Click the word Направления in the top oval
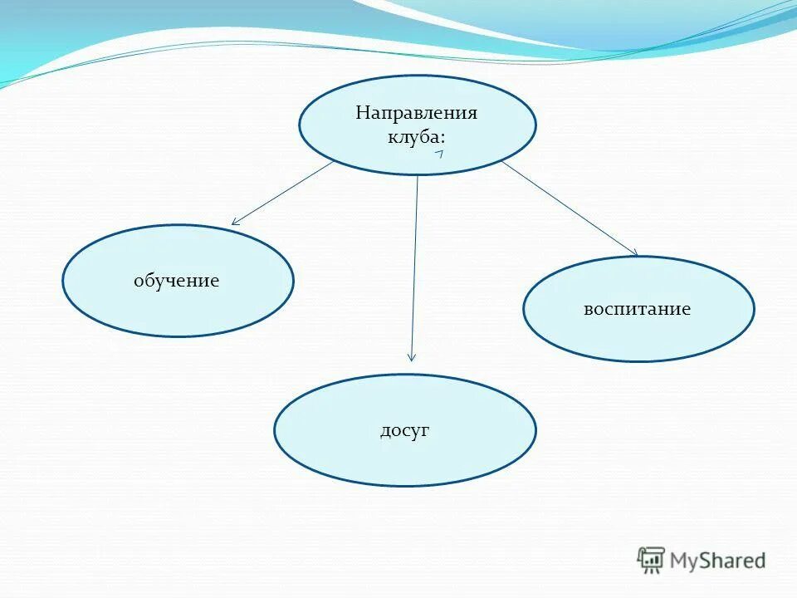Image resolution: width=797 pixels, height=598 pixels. (417, 113)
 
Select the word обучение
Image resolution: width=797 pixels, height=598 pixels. (177, 281)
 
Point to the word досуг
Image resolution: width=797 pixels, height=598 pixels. (404, 430)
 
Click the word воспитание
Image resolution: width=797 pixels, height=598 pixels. (638, 309)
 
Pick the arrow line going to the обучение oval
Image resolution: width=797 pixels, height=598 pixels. (282, 193)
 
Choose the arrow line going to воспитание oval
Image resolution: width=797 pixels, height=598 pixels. (569, 208)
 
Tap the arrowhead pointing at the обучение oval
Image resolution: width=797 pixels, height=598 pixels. (235, 222)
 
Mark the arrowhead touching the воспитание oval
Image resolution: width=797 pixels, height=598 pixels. (634, 252)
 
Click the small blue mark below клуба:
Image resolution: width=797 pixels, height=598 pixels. (439, 154)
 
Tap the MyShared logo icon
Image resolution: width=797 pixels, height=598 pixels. (651, 561)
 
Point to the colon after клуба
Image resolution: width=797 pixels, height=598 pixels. (443, 138)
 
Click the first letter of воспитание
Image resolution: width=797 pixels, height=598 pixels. (588, 310)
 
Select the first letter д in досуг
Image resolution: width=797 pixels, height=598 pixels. (385, 431)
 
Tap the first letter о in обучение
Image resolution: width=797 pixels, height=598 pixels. (139, 282)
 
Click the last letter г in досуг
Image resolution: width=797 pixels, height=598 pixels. (425, 431)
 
